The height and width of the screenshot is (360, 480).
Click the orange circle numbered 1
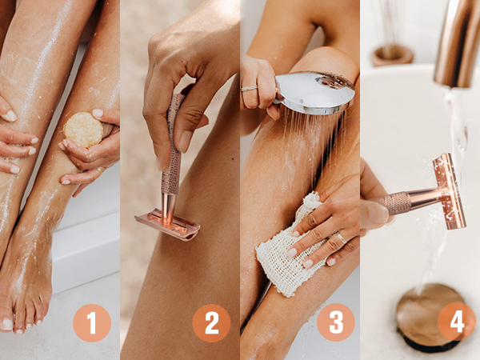click(x=92, y=323)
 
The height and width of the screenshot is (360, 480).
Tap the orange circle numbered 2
click(x=211, y=323)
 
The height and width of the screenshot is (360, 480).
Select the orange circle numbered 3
click(x=336, y=322)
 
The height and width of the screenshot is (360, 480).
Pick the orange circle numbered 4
click(x=457, y=322)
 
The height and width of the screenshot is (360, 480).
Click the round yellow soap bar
click(x=83, y=130)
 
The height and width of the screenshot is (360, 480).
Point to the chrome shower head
click(x=315, y=93)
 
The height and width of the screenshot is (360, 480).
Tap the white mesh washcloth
click(x=288, y=251)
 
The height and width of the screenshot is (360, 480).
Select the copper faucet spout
click(x=456, y=44)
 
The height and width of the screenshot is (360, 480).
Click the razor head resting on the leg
click(x=167, y=224)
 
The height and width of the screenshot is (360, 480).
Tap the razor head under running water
click(x=450, y=191)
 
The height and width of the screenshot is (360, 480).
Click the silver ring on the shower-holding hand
click(x=250, y=89)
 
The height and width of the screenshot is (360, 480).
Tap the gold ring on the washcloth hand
click(x=342, y=238)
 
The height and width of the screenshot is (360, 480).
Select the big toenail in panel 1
click(x=6, y=324)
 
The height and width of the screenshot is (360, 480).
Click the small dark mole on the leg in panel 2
click(x=233, y=159)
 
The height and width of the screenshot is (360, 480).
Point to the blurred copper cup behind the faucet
click(x=392, y=55)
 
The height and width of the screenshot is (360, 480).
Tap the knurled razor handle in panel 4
click(x=395, y=202)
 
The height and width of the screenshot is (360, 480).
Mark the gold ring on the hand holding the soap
click(x=100, y=170)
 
